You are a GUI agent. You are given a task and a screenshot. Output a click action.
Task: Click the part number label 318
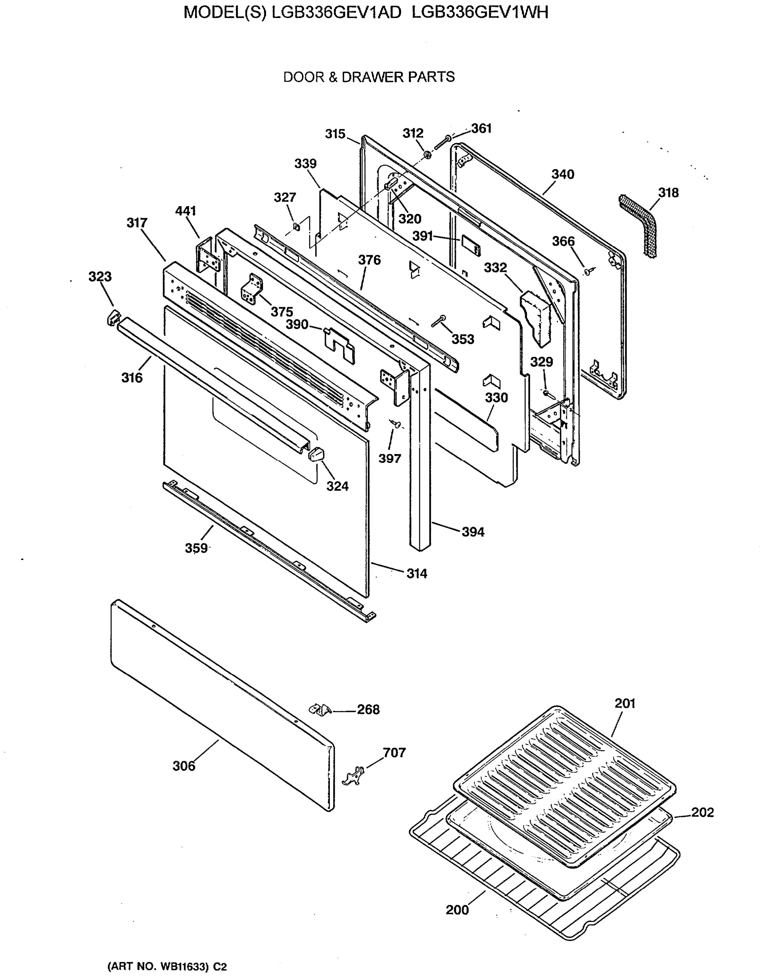[668, 193]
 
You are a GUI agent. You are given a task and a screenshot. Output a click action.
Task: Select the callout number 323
[100, 276]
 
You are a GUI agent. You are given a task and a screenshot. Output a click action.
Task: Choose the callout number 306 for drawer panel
[184, 766]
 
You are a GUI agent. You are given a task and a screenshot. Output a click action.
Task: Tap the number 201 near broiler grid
[625, 703]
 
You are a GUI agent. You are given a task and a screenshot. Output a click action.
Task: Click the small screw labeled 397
[395, 423]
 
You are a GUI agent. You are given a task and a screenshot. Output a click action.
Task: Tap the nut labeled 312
[426, 155]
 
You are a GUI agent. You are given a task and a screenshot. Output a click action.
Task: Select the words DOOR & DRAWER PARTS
[369, 77]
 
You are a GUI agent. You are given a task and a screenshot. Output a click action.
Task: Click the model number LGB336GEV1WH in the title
[480, 13]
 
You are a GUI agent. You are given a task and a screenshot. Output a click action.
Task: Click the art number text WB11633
[184, 967]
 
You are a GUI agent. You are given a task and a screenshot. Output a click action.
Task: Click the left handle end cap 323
[112, 317]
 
